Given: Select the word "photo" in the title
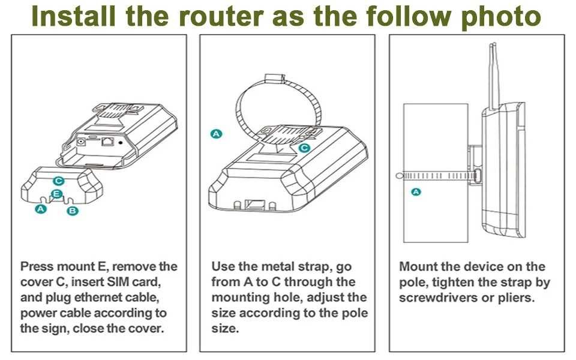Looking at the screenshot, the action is click(501, 17).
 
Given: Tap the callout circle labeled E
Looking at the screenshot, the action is click(56, 194).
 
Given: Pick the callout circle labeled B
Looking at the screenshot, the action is click(73, 211).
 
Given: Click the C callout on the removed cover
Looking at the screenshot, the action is click(58, 181).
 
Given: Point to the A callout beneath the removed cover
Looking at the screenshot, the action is click(40, 209).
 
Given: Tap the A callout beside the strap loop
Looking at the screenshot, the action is click(216, 134).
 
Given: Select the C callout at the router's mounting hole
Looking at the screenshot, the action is click(304, 148).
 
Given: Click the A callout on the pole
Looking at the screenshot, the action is click(416, 192).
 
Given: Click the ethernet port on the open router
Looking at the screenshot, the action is click(107, 141).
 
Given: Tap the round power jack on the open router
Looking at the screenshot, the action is click(80, 141).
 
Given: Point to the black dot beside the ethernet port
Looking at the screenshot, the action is click(121, 142).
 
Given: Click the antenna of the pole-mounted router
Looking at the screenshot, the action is click(493, 77).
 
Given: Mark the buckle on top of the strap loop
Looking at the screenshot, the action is click(275, 78).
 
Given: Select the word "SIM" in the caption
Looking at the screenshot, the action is click(119, 282).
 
